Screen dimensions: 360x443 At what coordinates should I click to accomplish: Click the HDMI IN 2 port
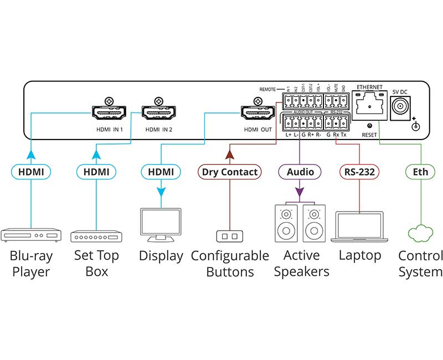(x=158, y=114)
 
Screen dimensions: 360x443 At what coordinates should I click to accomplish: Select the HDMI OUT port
(x=256, y=114)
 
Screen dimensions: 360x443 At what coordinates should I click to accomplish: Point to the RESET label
(x=369, y=135)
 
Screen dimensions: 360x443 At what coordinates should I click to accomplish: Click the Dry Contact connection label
(x=229, y=172)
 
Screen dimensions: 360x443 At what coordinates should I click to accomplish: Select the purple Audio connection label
(x=300, y=172)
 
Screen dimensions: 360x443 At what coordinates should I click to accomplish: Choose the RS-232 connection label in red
(x=359, y=172)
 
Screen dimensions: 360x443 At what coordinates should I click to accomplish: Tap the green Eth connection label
(x=420, y=172)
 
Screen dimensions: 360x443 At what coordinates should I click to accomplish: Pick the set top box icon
(x=96, y=236)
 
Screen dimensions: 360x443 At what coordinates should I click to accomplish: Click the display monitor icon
(x=161, y=224)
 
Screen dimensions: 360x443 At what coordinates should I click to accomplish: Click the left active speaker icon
(x=286, y=223)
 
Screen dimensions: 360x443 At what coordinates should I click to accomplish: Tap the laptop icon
(x=359, y=227)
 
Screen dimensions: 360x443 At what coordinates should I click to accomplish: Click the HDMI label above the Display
(x=161, y=172)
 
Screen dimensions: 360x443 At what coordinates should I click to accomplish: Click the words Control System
(x=420, y=264)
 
